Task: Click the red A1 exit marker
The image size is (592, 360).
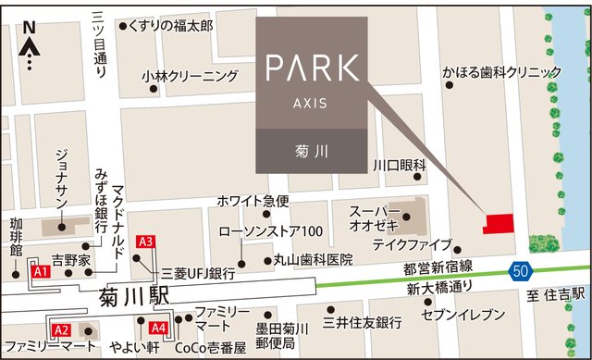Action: (40, 273)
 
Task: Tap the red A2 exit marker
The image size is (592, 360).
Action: (61, 329)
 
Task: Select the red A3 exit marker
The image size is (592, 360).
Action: (144, 242)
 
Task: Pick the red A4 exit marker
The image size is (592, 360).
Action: (157, 328)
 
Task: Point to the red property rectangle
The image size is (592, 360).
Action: (500, 223)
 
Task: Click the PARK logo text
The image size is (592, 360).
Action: (311, 68)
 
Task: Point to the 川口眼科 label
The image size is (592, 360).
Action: (399, 165)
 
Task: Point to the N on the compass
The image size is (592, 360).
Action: (29, 28)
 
